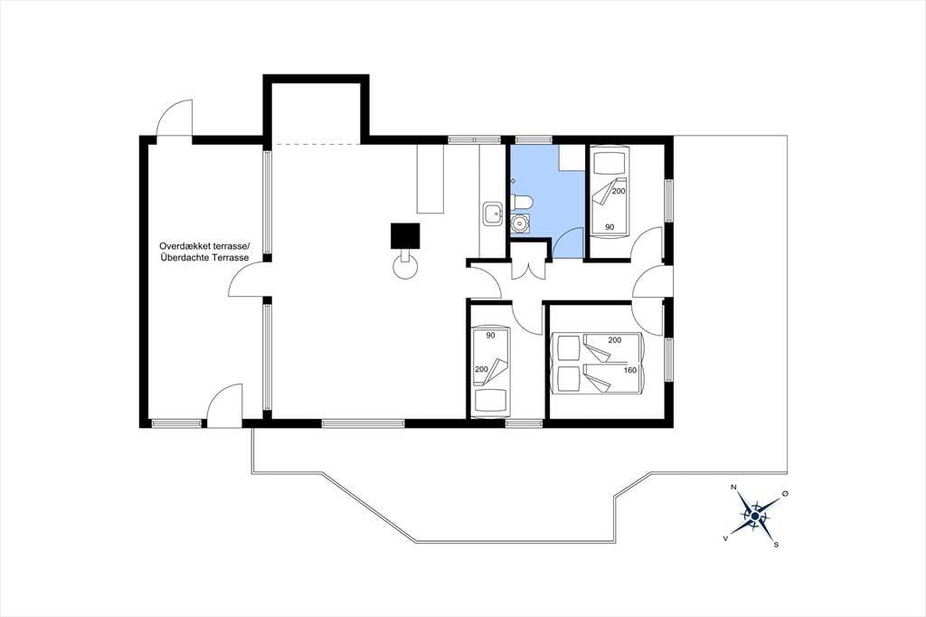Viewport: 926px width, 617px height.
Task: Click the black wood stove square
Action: tap(405, 236)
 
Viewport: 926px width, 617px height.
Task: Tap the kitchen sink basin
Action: tap(491, 214)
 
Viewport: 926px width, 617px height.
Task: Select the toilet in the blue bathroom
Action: tap(522, 204)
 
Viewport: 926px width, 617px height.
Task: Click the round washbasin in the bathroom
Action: tap(520, 223)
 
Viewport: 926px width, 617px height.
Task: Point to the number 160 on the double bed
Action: tap(630, 371)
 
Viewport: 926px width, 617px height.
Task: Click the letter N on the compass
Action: tap(733, 488)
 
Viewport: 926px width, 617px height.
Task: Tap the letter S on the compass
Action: tap(777, 545)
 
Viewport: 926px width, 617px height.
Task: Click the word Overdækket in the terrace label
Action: tap(181, 246)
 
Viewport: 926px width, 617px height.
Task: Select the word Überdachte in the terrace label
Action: tap(182, 258)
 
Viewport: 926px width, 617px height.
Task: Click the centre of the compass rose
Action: tap(755, 516)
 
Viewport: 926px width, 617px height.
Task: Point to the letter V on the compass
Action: tap(725, 537)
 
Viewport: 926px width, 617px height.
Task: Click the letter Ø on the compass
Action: tap(785, 493)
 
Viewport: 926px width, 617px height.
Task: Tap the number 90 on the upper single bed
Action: tap(609, 227)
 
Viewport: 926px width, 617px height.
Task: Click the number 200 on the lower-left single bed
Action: tap(481, 369)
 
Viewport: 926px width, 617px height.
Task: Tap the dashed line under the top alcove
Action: tap(317, 144)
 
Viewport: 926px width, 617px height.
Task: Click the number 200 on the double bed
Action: tap(615, 340)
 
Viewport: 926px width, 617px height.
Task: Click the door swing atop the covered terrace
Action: tap(175, 119)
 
